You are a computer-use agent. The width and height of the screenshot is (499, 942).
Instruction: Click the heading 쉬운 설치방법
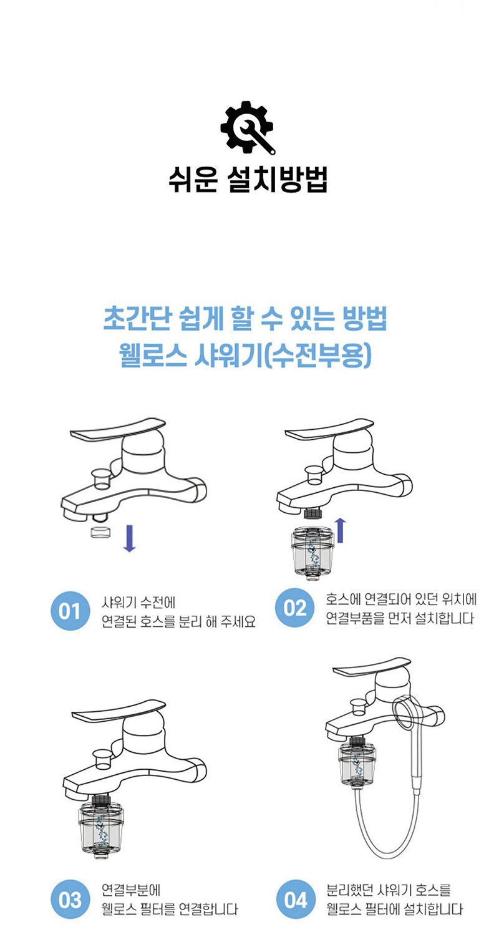248,180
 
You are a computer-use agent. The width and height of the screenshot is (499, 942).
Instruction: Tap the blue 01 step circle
70,611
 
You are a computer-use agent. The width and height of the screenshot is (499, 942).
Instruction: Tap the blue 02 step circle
294,608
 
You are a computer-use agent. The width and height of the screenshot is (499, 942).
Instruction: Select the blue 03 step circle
70,900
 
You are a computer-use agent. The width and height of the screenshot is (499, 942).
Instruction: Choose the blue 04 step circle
296,900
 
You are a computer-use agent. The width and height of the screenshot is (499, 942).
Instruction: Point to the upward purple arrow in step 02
341,530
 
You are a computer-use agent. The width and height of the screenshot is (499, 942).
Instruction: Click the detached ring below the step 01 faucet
101,532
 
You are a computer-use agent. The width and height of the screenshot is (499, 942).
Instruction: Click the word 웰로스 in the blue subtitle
153,355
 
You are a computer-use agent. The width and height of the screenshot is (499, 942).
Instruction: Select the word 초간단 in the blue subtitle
137,319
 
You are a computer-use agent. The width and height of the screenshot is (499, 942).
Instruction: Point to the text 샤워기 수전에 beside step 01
138,603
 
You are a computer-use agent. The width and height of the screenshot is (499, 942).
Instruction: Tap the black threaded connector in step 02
312,513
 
